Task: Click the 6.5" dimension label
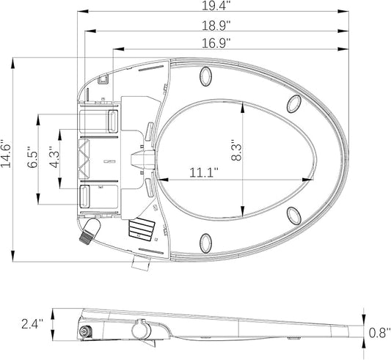[32, 159]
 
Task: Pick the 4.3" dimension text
[52, 159]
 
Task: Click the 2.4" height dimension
[32, 323]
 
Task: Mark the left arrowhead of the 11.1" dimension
[159, 179]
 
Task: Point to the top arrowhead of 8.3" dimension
[242, 103]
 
